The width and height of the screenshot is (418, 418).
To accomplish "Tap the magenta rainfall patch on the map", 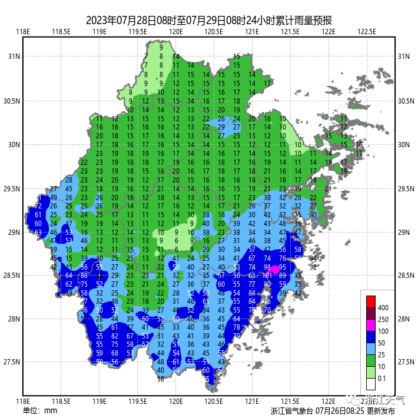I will pos(274,269).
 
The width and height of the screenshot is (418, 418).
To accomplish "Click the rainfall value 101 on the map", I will pos(267,276).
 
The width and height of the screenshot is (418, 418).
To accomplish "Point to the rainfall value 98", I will pos(267,267).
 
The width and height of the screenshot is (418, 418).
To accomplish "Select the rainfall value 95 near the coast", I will pos(283,267).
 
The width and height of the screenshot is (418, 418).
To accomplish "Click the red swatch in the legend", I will pos(370,300).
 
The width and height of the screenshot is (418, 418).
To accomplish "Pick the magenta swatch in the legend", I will pos(370,325).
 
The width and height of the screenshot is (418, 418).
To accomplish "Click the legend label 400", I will pos(383,307).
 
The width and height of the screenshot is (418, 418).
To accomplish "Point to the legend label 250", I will pos(383,319).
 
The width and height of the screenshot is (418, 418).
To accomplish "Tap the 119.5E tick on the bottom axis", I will pos(138,401).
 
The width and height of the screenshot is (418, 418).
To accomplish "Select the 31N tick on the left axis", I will pos(13,57).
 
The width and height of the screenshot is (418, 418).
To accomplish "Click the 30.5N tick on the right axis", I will pos(404,101).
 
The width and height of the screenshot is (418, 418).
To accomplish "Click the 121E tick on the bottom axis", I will pos(251,401).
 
